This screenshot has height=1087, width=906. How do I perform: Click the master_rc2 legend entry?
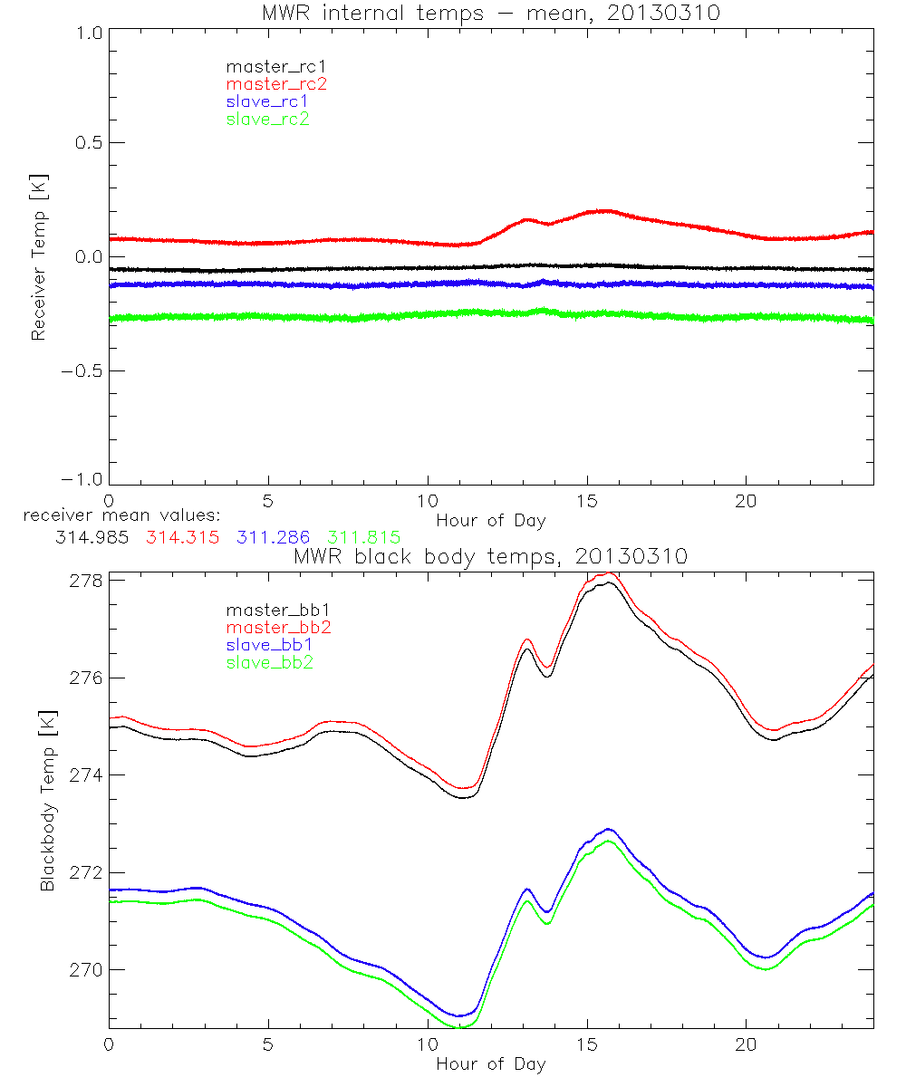(276, 84)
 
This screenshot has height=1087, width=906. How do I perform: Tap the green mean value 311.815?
(363, 537)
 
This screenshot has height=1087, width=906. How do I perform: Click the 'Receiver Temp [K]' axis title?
(38, 257)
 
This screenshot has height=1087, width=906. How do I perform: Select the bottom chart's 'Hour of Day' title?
(490, 1064)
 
